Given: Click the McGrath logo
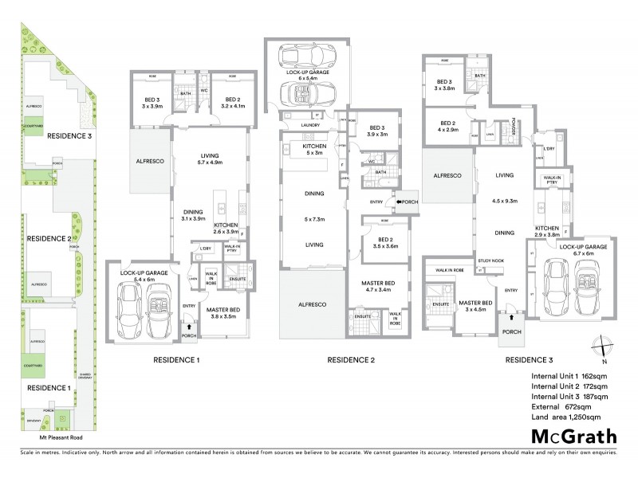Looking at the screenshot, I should tap(572, 436).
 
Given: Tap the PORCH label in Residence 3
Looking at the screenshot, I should tap(510, 332).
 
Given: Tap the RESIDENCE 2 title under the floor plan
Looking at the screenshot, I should tap(351, 361).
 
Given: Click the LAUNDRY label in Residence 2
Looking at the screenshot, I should tap(288, 125).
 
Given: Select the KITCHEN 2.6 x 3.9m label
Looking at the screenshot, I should tap(226, 229).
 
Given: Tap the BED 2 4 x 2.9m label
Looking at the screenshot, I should tap(447, 126).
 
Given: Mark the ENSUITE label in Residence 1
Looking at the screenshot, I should tap(237, 279).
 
